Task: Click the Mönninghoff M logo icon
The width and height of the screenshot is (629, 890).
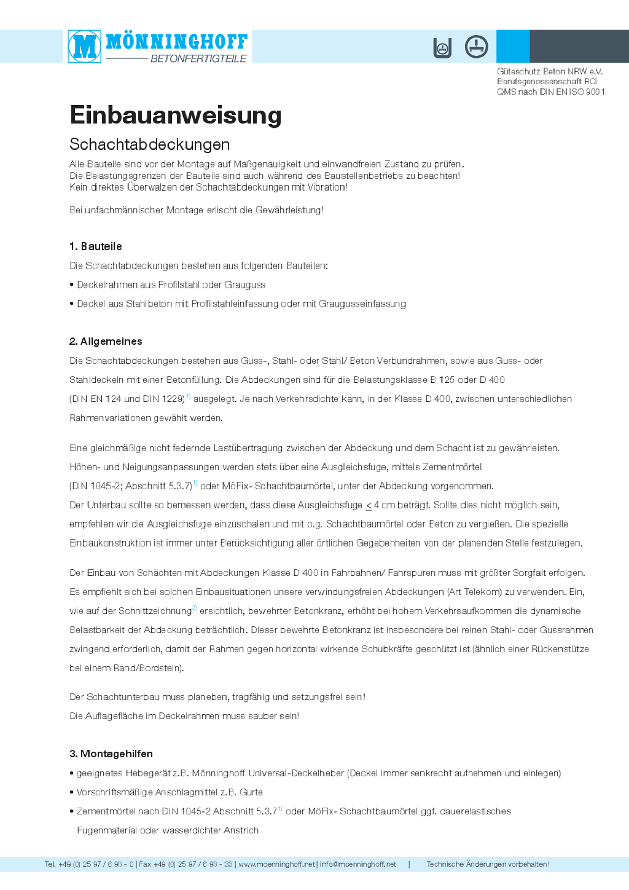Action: pyautogui.click(x=85, y=46)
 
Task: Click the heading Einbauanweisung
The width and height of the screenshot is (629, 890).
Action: pyautogui.click(x=176, y=116)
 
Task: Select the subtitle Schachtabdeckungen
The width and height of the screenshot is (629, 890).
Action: pyautogui.click(x=150, y=144)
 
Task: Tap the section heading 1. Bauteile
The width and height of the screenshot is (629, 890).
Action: pyautogui.click(x=95, y=246)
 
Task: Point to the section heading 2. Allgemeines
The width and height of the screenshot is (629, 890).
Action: pyautogui.click(x=106, y=342)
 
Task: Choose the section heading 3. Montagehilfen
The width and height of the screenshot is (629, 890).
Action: pyautogui.click(x=111, y=754)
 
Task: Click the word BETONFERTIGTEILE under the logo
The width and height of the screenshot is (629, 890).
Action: pyautogui.click(x=198, y=59)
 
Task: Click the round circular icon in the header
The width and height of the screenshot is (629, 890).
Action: pyautogui.click(x=476, y=47)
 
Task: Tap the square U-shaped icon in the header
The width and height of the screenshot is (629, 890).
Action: pyautogui.click(x=442, y=47)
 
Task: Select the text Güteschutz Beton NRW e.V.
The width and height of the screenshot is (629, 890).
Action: pyautogui.click(x=550, y=71)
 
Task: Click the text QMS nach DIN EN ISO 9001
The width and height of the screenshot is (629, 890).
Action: pyautogui.click(x=550, y=92)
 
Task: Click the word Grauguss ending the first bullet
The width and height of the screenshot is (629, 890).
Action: pyautogui.click(x=245, y=285)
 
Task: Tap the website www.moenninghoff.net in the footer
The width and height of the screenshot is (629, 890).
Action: pyautogui.click(x=276, y=864)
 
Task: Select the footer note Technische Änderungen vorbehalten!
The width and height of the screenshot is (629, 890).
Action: pyautogui.click(x=488, y=864)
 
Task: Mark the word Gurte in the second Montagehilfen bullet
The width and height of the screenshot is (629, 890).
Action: pyautogui.click(x=251, y=792)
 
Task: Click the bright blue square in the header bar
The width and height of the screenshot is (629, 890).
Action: pyautogui.click(x=513, y=46)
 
